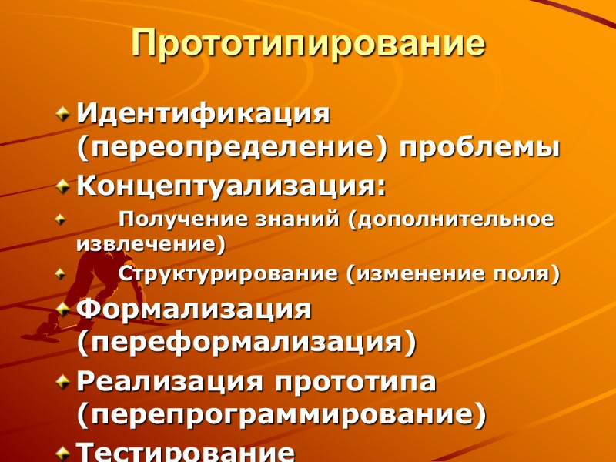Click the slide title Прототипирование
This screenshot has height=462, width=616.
coord(308,44)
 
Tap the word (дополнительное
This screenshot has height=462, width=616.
coord(450,219)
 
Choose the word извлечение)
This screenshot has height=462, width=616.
coord(151,245)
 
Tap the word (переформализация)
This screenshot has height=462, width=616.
coord(246,341)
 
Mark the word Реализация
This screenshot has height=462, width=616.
coord(181,382)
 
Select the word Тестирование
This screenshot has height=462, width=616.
coord(185,451)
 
